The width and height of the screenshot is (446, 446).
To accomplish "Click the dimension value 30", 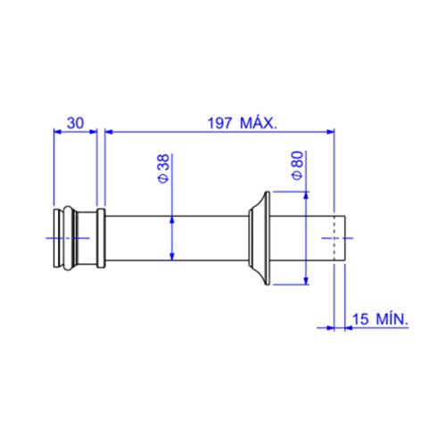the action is coord(76,123).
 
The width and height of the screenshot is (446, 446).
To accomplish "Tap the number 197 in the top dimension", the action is coord(219,123).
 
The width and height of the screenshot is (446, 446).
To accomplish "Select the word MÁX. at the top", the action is coord(259,122).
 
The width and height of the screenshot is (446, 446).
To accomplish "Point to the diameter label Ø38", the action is coord(164,169).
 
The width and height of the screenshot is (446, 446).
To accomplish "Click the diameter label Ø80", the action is coord(298,165).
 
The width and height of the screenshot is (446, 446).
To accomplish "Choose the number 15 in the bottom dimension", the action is coord(360,319).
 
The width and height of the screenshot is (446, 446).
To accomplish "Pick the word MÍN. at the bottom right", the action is coord(392,318).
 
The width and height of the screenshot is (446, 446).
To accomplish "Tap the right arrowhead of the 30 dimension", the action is coord(94,131).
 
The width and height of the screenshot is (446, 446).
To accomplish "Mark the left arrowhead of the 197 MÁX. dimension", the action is coord(109,131).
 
